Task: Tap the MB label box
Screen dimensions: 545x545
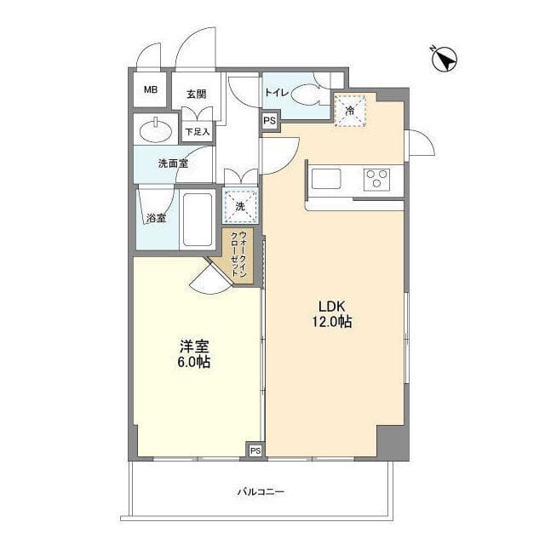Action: coord(150,90)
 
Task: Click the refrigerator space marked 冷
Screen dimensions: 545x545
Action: coord(350,110)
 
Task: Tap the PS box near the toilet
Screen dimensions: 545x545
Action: coord(269,121)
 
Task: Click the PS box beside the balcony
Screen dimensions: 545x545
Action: coord(255,450)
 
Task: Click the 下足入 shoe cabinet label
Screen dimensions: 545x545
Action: coord(198,131)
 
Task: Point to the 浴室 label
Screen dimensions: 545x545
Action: coord(156,218)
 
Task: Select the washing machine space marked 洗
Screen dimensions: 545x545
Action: coord(239,206)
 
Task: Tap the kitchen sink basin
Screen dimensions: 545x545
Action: coord(326,179)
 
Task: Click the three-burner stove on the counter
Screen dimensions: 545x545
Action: coord(376,179)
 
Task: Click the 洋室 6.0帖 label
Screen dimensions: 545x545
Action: coord(195,354)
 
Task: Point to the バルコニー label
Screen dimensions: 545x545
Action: coord(261,491)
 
